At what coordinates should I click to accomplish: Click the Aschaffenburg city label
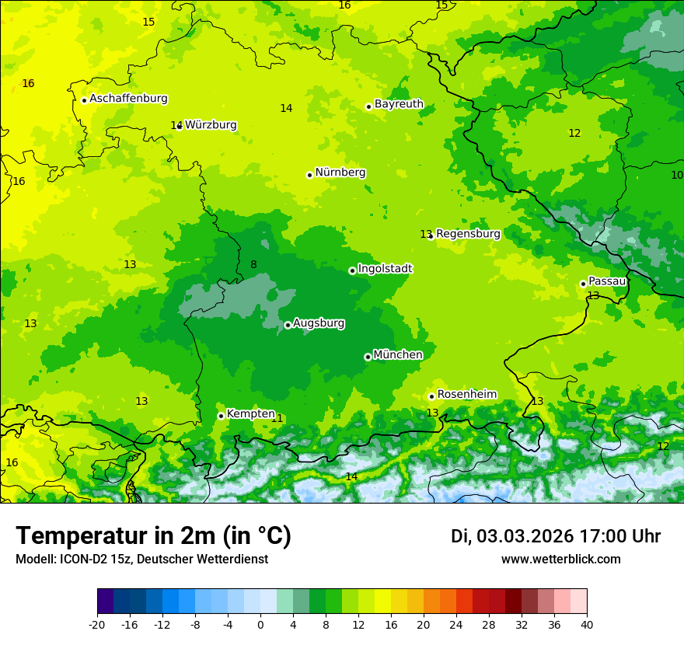[x=128, y=99]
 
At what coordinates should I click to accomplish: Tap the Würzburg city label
[x=211, y=125]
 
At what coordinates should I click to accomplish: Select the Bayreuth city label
[x=399, y=104]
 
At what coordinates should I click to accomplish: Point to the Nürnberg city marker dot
[x=309, y=175]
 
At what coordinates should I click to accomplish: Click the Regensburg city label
[x=468, y=234]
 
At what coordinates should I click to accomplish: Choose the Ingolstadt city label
[x=385, y=269]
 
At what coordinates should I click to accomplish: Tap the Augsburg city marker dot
[x=288, y=325]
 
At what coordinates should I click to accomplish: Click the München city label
[x=398, y=355]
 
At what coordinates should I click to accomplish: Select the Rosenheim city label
[x=466, y=395]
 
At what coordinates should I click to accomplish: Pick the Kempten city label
[x=250, y=414]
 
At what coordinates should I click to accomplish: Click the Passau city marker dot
[x=583, y=284]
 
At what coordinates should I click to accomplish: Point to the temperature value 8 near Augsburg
[x=253, y=265]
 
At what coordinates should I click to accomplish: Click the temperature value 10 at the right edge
[x=677, y=175]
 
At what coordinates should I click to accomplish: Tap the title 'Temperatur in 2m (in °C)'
[x=153, y=536]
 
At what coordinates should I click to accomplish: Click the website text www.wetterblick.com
[x=560, y=560]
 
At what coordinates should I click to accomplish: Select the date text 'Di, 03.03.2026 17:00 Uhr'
[x=556, y=536]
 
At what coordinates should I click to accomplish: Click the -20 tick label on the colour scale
[x=97, y=624]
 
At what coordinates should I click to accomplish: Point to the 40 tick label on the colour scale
[x=586, y=624]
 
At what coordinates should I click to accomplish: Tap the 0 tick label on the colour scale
[x=260, y=624]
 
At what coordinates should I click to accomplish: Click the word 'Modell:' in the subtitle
[x=34, y=560]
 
